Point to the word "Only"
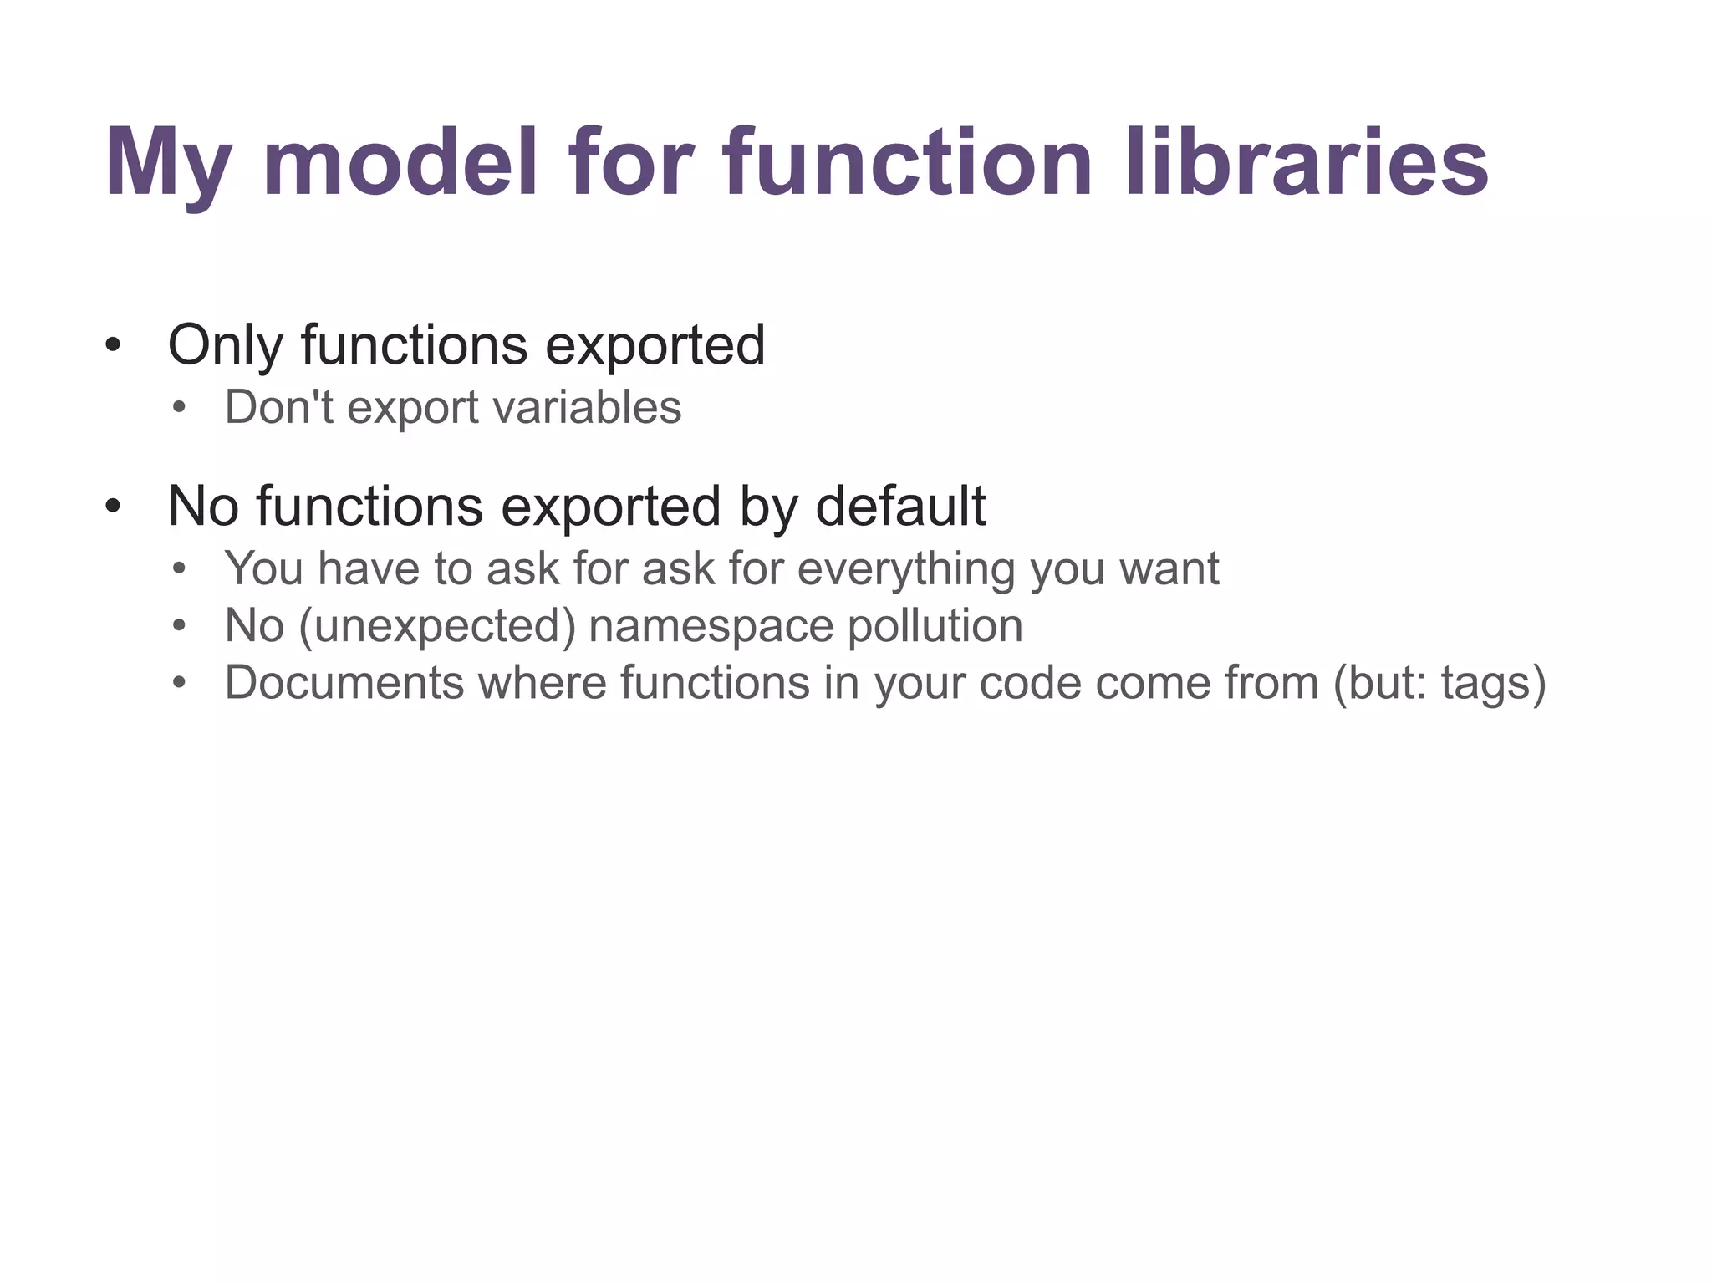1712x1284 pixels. click(x=225, y=345)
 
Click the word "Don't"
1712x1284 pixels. click(x=279, y=408)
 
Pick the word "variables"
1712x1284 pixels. click(x=587, y=408)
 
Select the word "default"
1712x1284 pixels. click(x=900, y=506)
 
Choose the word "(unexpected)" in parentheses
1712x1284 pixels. click(x=436, y=626)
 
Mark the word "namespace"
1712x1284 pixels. click(x=711, y=626)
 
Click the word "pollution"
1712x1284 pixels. click(x=935, y=626)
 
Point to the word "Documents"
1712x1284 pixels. click(x=344, y=682)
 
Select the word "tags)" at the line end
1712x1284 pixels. click(x=1493, y=684)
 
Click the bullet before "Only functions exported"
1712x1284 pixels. click(x=114, y=345)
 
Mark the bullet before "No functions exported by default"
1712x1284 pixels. click(x=114, y=507)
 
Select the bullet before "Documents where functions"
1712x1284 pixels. click(x=178, y=684)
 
